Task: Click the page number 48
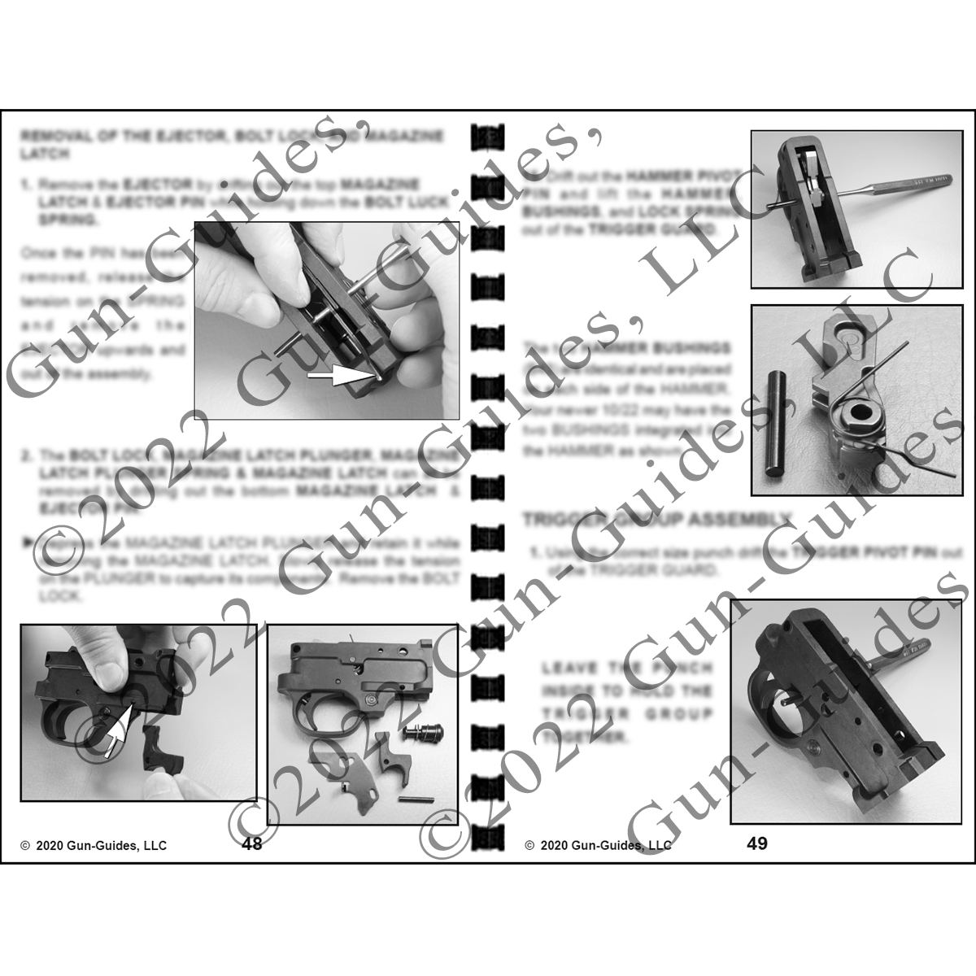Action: coord(252,843)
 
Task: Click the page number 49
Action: coord(756,843)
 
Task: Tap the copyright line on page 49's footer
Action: coord(599,846)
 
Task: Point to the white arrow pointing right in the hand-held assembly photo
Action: coord(334,377)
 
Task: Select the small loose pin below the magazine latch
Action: coord(412,800)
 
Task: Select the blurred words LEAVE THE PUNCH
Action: coord(626,669)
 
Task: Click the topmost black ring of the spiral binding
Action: coord(487,135)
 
